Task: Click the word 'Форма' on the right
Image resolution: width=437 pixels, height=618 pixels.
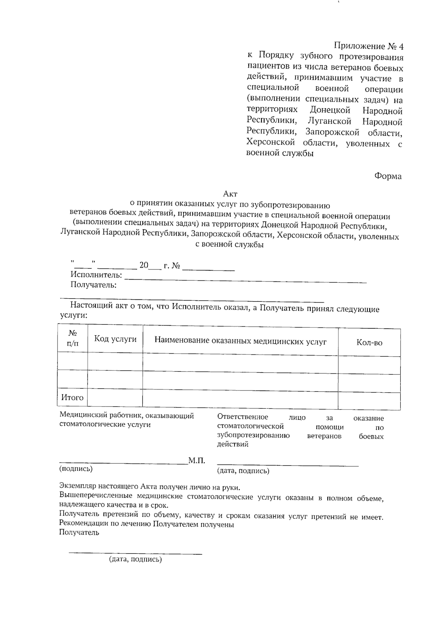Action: [x=388, y=176]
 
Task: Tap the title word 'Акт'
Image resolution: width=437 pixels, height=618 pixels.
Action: [x=230, y=194]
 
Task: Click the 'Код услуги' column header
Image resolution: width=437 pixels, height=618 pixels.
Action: [x=115, y=339]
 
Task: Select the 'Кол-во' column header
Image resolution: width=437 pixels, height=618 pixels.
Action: [x=369, y=343]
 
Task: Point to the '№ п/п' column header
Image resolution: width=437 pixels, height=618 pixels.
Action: [x=72, y=338]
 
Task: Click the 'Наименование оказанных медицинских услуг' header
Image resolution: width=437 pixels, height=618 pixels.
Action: [x=240, y=341]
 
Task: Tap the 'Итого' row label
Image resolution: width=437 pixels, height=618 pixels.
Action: [x=72, y=397]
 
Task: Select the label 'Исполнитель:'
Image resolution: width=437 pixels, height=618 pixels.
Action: [x=96, y=275]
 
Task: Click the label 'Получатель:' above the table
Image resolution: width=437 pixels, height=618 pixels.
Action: [x=94, y=285]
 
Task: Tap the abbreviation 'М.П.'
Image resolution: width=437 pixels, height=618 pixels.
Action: [x=197, y=460]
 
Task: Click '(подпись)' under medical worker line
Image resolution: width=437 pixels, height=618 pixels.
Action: [x=76, y=469]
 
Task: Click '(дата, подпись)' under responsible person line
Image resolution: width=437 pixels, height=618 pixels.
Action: [x=243, y=471]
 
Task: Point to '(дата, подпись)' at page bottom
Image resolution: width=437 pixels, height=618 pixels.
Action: [x=135, y=559]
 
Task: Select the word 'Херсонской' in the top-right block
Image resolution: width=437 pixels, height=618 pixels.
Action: [x=270, y=142]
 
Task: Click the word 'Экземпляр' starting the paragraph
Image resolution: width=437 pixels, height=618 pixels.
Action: [x=77, y=486]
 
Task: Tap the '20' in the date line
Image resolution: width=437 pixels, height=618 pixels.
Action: [x=144, y=265]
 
